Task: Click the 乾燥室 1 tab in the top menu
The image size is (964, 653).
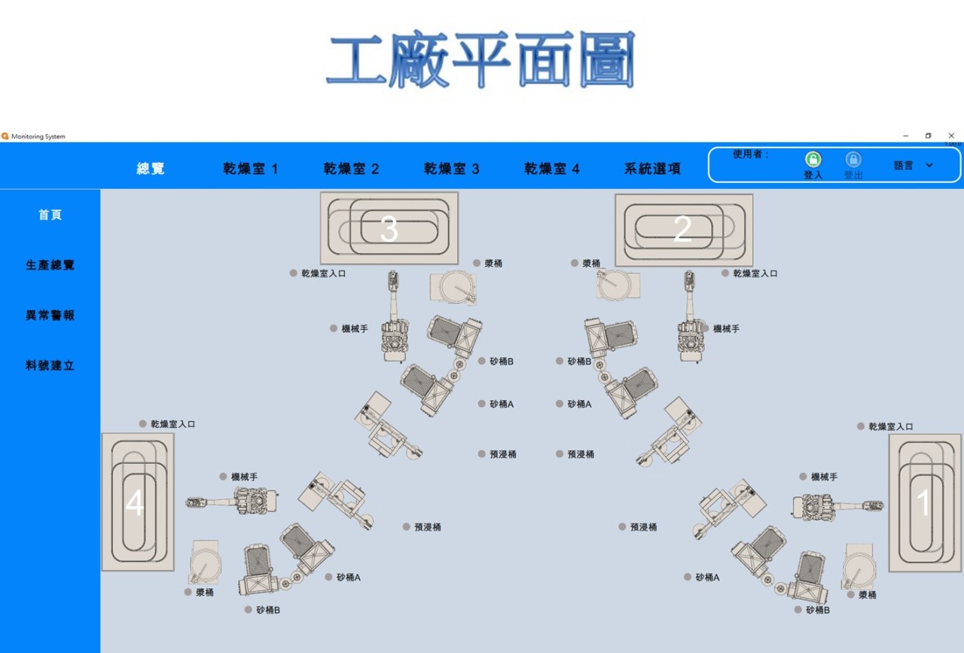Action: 250,169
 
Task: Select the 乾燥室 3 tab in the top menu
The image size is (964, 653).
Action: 451,169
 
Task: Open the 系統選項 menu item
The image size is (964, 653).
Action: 652,169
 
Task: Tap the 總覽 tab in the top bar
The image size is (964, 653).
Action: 151,169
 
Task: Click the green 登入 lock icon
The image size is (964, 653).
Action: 813,160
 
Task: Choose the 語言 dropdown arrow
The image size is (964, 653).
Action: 929,165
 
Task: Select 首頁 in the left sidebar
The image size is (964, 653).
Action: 50,215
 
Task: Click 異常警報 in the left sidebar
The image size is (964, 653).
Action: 50,316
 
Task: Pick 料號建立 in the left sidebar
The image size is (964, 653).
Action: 50,366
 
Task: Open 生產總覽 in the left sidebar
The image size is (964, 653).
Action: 50,265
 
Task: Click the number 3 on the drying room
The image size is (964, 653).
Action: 389,229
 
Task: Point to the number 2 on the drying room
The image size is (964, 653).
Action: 682,229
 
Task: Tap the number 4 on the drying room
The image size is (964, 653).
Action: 134,503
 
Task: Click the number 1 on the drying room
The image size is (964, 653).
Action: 923,502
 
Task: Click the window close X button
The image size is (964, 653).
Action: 951,136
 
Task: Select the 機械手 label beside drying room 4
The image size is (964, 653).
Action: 244,477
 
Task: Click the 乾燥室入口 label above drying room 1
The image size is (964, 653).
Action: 891,426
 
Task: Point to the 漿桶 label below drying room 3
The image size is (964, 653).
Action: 493,264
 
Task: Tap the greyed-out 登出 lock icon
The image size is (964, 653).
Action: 853,160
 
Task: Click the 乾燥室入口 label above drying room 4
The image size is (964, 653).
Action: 172,424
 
